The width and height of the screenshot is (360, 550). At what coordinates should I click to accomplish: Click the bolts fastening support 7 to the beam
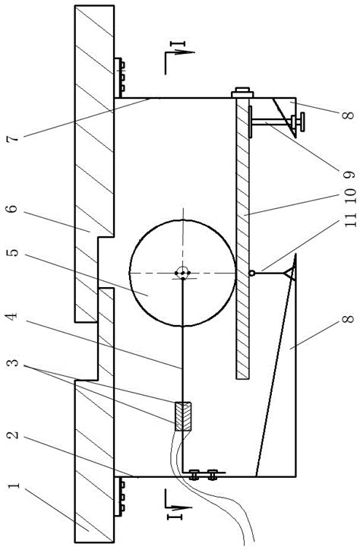click(119, 75)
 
